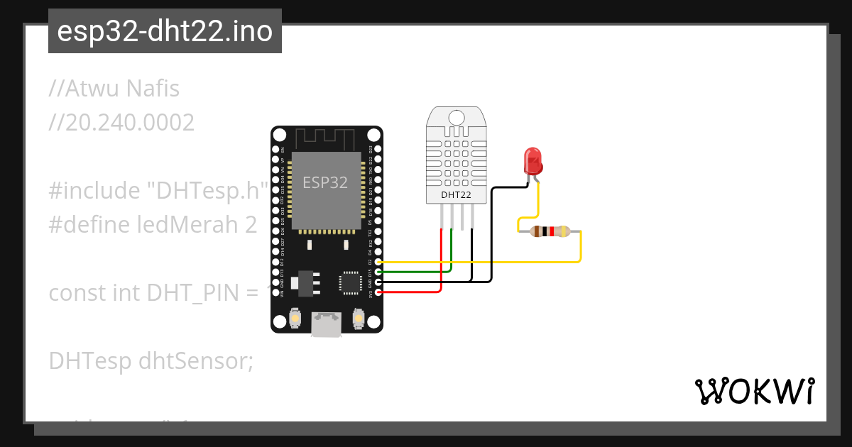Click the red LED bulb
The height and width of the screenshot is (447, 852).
tap(532, 162)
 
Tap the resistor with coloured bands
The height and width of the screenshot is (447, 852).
tap(550, 231)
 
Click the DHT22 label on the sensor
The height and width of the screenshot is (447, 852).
tap(456, 194)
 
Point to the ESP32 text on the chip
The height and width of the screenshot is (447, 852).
tap(325, 182)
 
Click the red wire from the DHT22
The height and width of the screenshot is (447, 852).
tap(442, 263)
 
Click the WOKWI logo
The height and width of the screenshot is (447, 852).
tap(754, 391)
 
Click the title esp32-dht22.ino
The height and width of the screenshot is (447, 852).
tap(165, 31)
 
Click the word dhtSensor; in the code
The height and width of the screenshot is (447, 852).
tap(196, 361)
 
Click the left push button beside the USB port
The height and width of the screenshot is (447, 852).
tap(295, 320)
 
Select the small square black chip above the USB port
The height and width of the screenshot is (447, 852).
tap(350, 282)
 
